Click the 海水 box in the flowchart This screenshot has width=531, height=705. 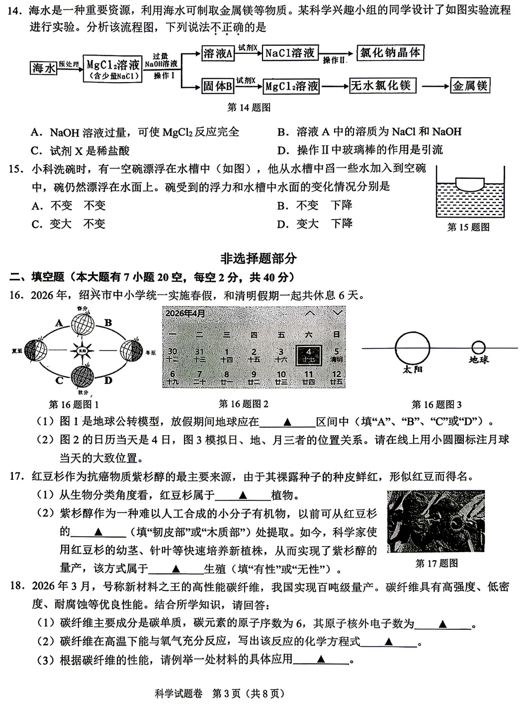43,68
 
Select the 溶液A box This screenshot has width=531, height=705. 218,54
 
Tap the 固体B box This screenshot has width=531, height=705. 218,86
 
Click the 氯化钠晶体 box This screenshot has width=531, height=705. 390,53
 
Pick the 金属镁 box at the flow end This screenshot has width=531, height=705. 470,86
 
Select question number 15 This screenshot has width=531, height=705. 16,169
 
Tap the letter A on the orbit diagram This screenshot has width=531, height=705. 59,323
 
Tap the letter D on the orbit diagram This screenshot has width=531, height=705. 108,380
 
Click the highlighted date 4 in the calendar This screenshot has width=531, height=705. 308,354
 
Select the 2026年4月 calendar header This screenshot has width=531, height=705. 184,313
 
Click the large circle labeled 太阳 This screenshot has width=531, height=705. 412,348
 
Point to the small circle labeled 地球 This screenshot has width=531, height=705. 478,348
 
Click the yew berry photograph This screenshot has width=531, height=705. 436,521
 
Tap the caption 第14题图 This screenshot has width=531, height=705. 249,108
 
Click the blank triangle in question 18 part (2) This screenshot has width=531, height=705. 389,642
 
